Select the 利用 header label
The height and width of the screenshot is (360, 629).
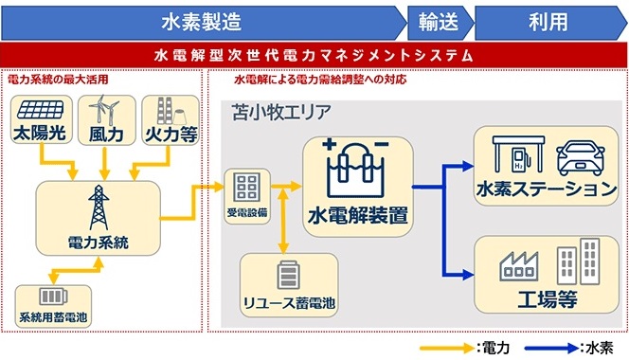(x=548, y=19)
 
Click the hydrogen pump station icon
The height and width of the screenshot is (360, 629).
(x=512, y=156)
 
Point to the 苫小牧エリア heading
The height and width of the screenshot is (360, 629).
(x=281, y=112)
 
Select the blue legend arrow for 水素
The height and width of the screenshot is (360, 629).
(x=551, y=348)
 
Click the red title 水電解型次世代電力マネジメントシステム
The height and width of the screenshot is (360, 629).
(x=314, y=55)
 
